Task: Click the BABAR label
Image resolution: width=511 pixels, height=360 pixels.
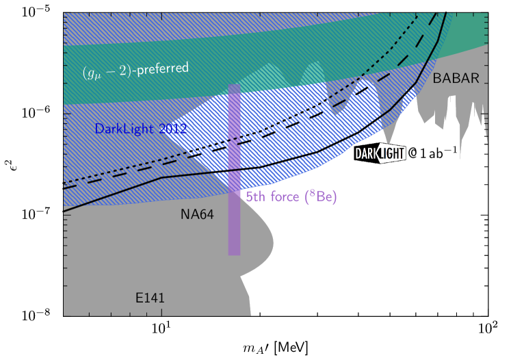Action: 456,79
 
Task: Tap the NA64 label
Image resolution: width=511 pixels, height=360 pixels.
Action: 197,215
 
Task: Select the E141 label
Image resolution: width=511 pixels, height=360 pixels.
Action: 150,298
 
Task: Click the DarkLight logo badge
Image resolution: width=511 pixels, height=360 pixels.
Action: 380,154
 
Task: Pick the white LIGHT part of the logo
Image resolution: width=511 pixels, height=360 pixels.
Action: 392,154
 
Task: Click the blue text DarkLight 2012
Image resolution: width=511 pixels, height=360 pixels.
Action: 140,129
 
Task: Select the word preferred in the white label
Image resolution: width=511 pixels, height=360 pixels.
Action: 163,69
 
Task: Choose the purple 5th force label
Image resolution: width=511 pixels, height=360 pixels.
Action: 291,197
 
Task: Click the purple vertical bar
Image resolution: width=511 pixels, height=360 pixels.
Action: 234,171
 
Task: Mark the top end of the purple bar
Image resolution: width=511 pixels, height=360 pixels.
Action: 234,86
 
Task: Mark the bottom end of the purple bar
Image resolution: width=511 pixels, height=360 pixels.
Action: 234,255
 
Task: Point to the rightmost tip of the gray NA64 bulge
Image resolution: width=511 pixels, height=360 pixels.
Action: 273,241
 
